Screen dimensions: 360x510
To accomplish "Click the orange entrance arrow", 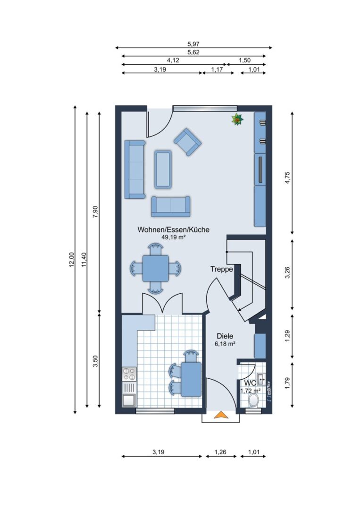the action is (x=221, y=415).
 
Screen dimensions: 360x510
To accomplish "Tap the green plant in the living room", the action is (x=237, y=119).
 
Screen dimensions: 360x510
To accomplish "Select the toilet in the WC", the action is (x=253, y=400).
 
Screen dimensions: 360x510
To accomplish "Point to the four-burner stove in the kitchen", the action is (x=129, y=374).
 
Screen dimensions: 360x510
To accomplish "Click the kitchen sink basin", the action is (x=129, y=399).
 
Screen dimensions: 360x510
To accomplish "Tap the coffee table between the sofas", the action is (x=163, y=169).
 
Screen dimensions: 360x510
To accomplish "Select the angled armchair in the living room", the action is (x=187, y=142).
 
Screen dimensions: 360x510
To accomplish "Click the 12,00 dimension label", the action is (x=72, y=260).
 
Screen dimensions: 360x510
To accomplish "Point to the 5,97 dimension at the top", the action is (x=193, y=44).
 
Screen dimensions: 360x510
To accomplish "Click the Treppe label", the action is (x=222, y=269).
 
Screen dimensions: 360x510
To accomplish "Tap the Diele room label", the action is (x=225, y=336).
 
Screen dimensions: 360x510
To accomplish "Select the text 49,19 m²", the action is (x=173, y=238).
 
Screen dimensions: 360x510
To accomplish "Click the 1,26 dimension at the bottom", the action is (x=220, y=452).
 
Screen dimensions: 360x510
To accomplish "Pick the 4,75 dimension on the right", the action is (x=287, y=177).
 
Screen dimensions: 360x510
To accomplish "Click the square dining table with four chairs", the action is (x=156, y=269).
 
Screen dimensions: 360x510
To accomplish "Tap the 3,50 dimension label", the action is (x=95, y=361).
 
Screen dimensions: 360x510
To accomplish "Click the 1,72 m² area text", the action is (x=250, y=391).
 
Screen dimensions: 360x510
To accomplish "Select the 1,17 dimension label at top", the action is (x=217, y=69).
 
